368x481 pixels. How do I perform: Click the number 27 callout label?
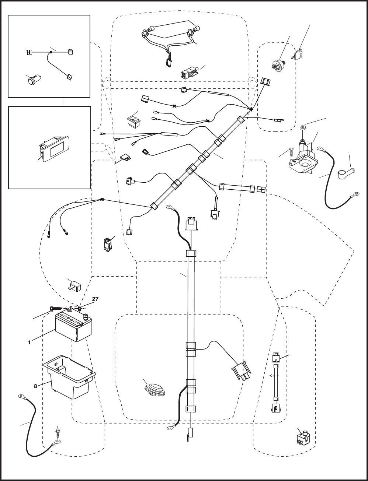[95, 299]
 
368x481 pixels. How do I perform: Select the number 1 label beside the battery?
[29, 342]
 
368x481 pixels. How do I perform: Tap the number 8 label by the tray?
[35, 386]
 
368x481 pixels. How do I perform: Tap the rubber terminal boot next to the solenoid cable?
[346, 173]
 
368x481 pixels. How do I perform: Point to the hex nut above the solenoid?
[303, 128]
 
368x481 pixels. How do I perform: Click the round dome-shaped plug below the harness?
[154, 390]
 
